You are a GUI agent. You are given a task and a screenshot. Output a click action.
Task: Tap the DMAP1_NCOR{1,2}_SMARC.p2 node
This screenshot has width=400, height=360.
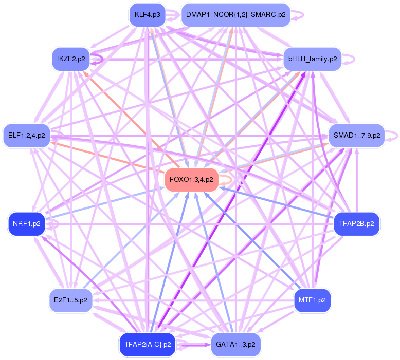[x=235, y=15]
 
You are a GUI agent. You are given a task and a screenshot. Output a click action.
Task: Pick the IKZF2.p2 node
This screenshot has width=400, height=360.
[x=71, y=59]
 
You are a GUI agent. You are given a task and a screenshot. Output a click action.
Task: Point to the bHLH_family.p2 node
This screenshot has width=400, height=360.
[x=312, y=59]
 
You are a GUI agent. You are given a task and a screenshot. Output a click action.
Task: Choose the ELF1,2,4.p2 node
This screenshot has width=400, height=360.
[x=27, y=136]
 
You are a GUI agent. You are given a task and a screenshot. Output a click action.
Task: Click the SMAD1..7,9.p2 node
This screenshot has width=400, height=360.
[x=356, y=136]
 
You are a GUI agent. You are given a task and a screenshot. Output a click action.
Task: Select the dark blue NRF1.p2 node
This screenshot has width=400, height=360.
[x=27, y=224]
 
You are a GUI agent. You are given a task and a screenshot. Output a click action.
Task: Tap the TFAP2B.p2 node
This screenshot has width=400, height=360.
[x=356, y=224]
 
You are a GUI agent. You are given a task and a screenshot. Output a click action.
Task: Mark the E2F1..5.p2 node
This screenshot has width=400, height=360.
[x=70, y=300]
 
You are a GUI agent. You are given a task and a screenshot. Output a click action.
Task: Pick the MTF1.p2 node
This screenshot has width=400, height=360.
[x=312, y=300]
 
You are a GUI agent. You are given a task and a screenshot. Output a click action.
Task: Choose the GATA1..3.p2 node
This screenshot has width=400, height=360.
[x=235, y=344]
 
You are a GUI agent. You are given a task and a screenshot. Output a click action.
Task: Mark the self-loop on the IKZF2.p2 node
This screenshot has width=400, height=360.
[x=99, y=59]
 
